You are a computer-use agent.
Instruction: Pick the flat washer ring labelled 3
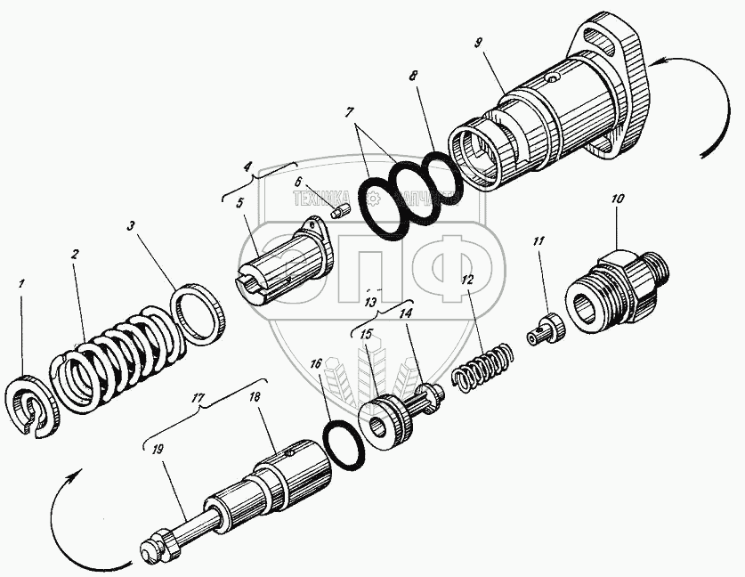click(199, 315)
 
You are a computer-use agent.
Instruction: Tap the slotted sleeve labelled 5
click(285, 263)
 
